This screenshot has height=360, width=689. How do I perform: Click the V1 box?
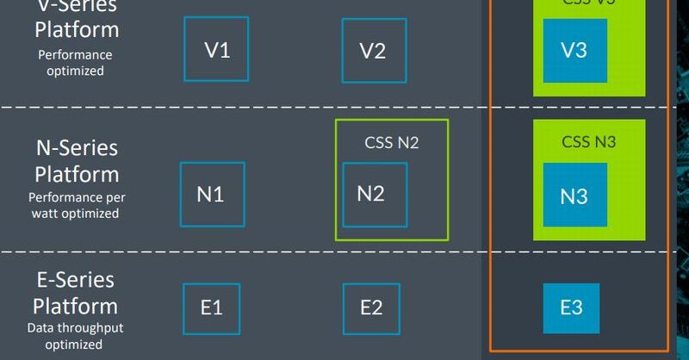(x=217, y=50)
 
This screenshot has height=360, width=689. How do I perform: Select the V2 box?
(x=373, y=51)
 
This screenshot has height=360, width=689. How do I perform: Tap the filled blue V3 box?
(x=574, y=51)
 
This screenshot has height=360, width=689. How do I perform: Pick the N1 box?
(x=212, y=195)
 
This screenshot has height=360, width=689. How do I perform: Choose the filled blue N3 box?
(x=574, y=196)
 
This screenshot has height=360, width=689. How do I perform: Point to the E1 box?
(x=212, y=307)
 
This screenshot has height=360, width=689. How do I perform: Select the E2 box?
(x=371, y=307)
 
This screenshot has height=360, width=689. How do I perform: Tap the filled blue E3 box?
(x=571, y=307)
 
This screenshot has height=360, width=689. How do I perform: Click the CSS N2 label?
(x=392, y=143)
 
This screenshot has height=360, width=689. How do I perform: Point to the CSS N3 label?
(x=589, y=142)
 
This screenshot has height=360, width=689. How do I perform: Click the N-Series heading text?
(x=77, y=148)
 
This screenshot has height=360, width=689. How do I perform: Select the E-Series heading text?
(x=76, y=280)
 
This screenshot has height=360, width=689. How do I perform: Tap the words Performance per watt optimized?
(x=77, y=205)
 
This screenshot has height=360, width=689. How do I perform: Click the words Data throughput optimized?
(x=75, y=336)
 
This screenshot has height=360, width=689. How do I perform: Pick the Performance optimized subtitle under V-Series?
(x=75, y=63)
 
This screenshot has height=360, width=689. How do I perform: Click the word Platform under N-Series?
(x=77, y=174)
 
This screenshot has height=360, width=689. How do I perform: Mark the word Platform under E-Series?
(x=76, y=306)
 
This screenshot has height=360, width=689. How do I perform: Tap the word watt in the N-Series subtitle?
(x=47, y=213)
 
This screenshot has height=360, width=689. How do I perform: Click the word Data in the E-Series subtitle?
(x=40, y=328)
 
